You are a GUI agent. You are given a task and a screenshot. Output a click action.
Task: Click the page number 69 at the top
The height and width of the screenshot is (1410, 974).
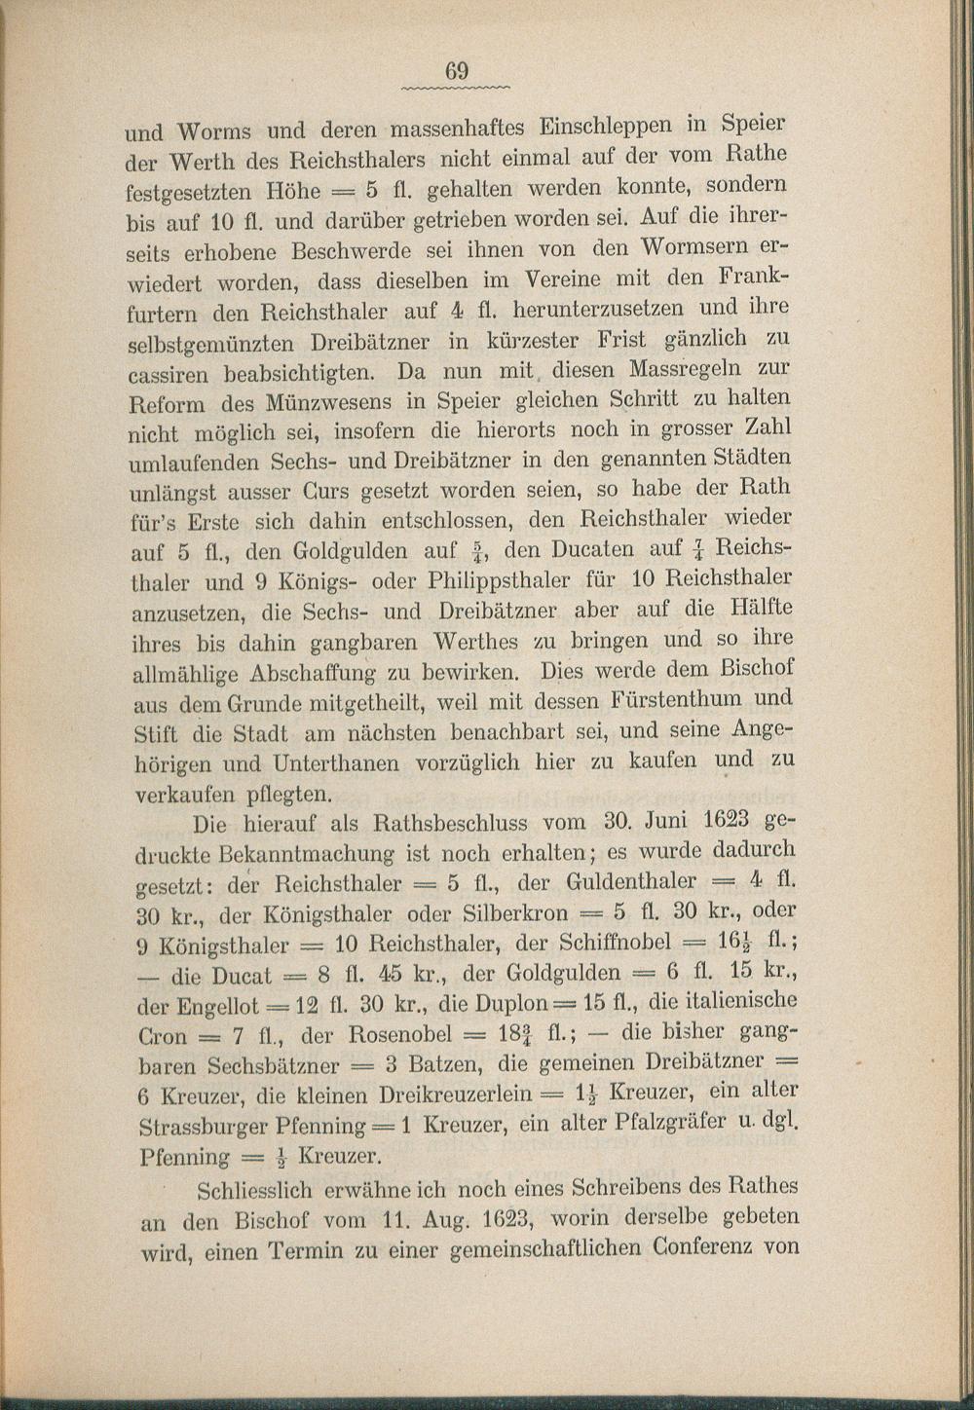pos(458,71)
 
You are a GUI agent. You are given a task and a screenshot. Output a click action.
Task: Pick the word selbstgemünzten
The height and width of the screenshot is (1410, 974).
pos(211,344)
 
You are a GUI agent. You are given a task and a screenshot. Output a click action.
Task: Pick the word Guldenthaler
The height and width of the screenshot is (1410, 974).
pos(631,882)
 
